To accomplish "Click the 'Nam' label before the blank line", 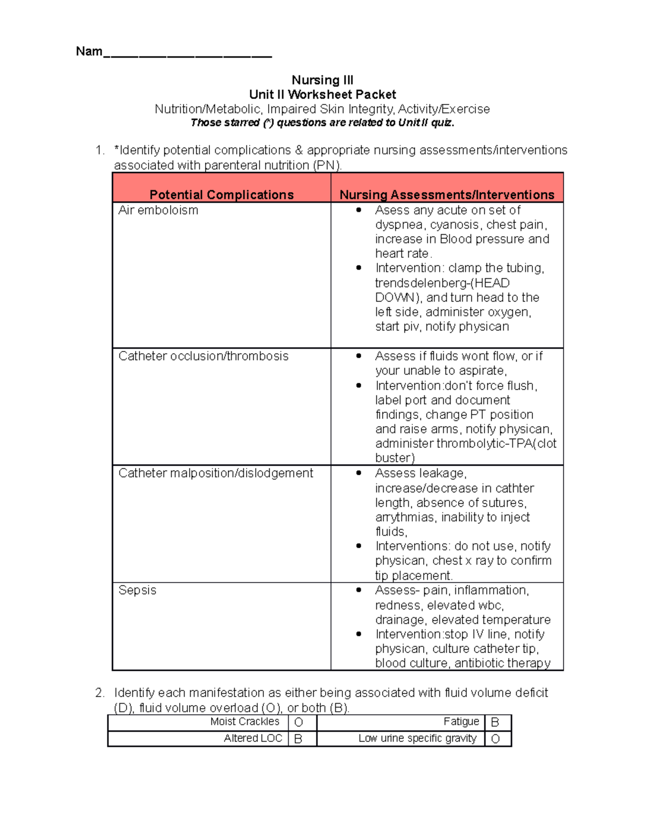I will pos(89,52).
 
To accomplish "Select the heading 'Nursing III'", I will pos(322,80).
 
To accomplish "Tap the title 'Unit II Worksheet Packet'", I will pos(322,95).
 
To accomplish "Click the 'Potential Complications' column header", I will pos(221,194).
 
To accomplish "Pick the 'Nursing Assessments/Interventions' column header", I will pos(447,194).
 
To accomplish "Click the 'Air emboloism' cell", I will pos(158,210).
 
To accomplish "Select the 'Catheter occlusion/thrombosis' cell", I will pos(203,356).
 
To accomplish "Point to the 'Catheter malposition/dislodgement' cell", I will pos(215,473).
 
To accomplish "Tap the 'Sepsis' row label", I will pos(137,591).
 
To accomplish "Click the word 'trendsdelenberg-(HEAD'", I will pos(442,283).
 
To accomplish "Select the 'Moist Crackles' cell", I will pos(244,722).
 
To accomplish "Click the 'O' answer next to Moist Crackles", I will pos(299,722).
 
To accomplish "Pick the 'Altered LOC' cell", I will pos(252,739).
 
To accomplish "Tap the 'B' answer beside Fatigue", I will pos(495,722).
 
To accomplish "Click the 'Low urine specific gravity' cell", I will pos(417,739).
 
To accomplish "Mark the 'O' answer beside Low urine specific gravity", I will pos(495,739).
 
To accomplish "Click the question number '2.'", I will pos(100,693).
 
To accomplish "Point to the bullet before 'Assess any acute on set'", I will pos(359,210).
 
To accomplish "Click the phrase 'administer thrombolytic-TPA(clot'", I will pos(466,444).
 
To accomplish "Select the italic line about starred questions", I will pos(322,123).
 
